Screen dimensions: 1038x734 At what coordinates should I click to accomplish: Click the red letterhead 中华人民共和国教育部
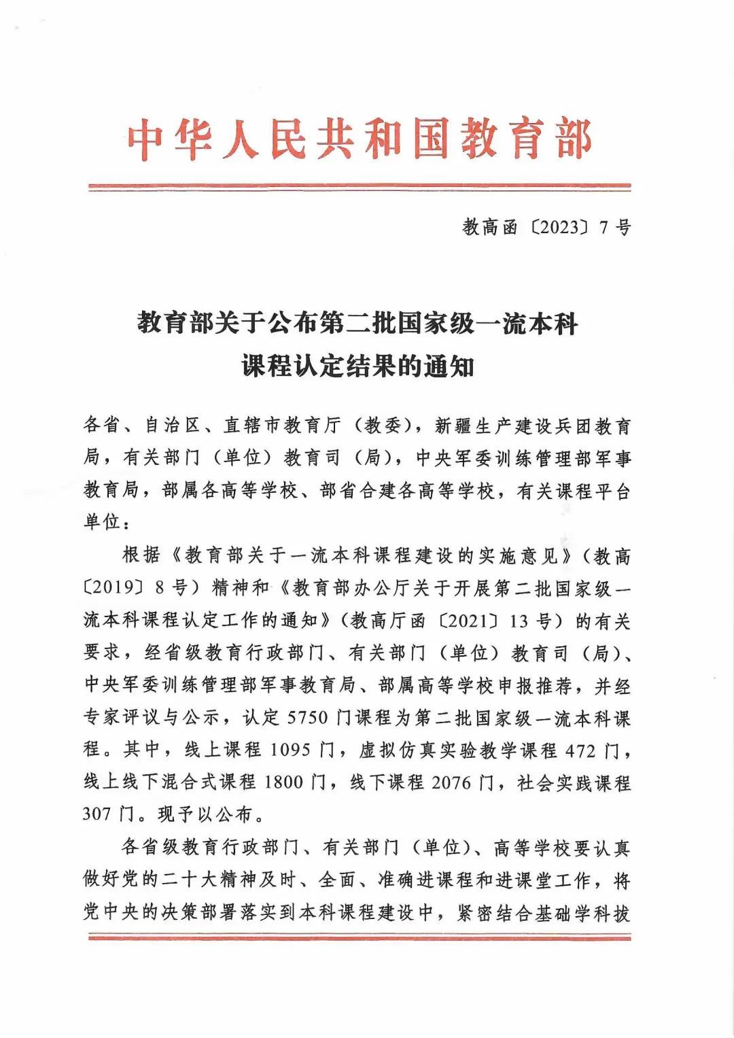tap(360, 141)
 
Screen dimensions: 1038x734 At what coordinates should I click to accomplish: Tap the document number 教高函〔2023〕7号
tap(546, 227)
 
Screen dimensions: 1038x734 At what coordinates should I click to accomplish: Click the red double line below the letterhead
tap(360, 187)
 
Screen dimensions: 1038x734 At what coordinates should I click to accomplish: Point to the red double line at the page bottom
tap(360, 938)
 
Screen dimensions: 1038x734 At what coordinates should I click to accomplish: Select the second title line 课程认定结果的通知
tap(358, 366)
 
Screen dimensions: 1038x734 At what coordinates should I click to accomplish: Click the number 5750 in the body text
tap(308, 717)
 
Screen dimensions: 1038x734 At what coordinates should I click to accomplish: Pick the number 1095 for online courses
tap(292, 750)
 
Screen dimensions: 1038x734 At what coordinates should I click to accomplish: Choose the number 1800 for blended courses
tap(283, 782)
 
